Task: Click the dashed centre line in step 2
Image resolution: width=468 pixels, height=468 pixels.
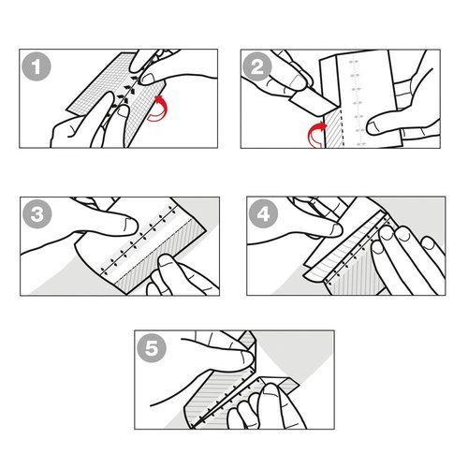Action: tap(353, 94)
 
